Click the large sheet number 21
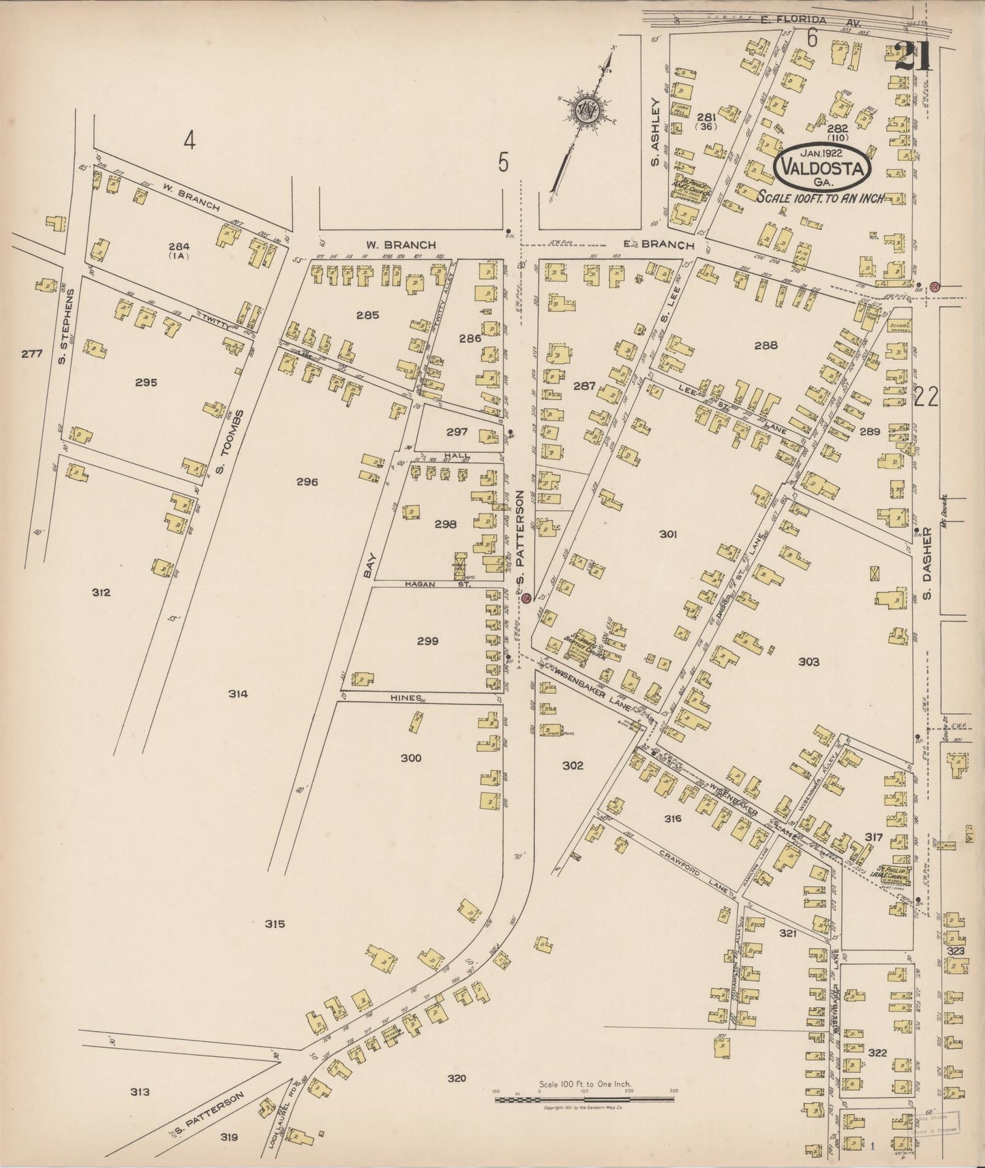pos(912,57)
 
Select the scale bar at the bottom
pos(584,1099)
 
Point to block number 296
pos(307,482)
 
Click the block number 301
pos(668,534)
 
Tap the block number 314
pos(238,694)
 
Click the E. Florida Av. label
pos(793,21)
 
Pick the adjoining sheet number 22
pos(927,397)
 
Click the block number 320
pos(457,1078)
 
